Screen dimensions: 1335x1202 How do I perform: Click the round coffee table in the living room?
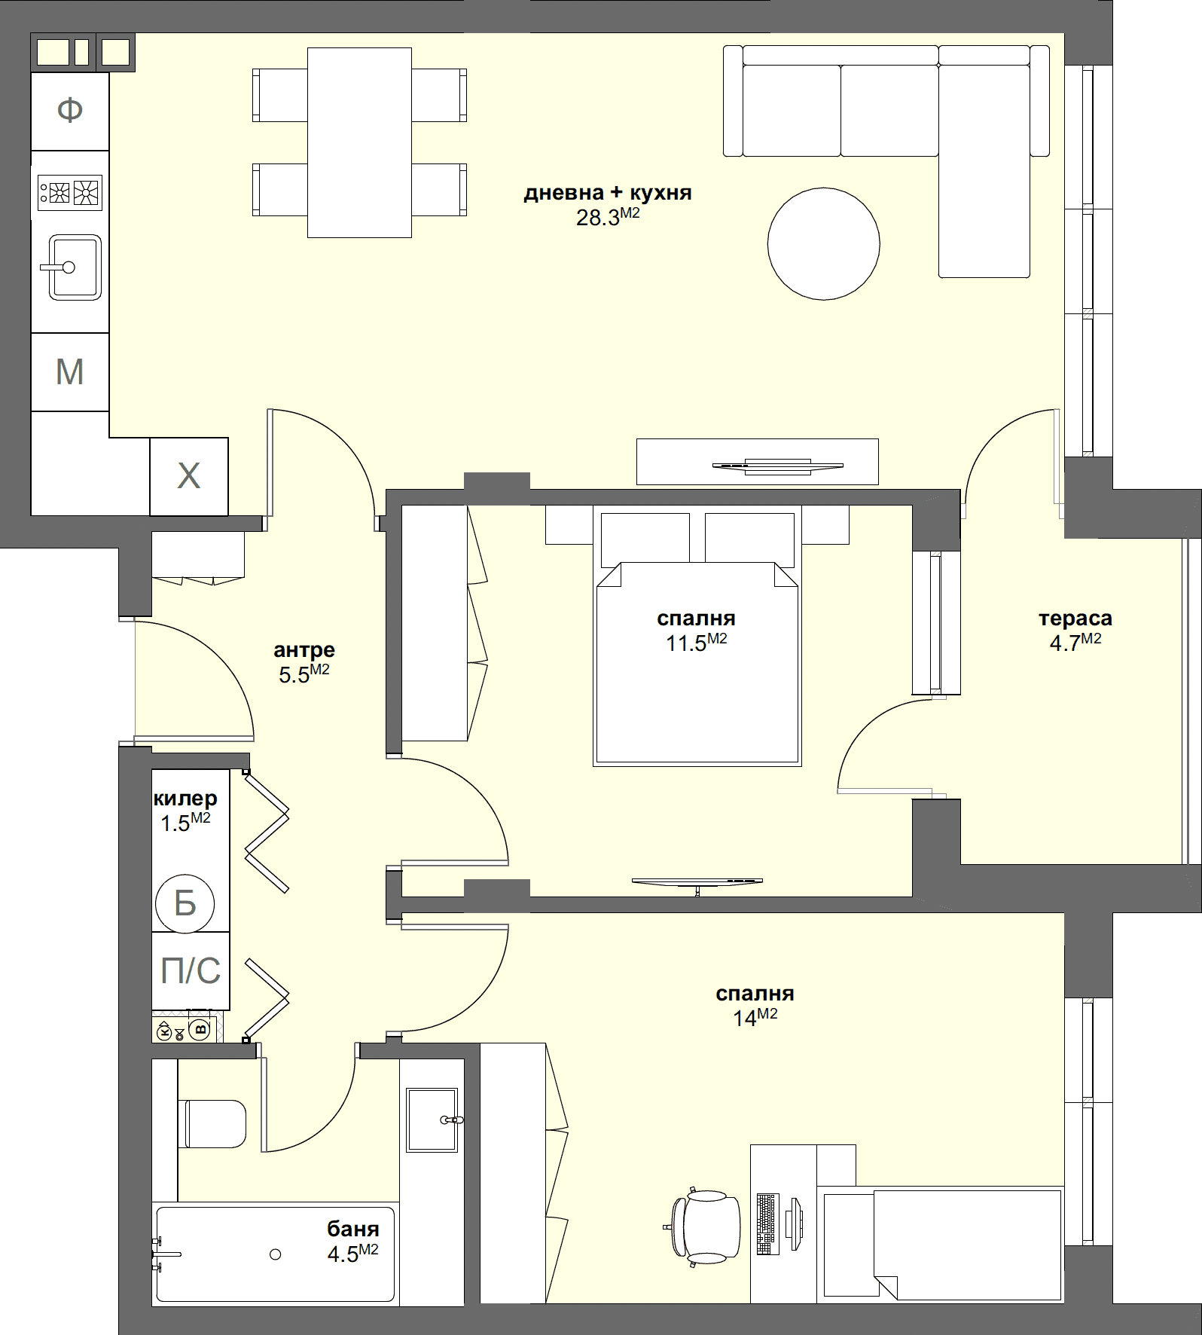tap(823, 243)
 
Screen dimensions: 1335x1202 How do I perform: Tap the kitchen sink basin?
tap(75, 267)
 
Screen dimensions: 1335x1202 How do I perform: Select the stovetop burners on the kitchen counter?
tap(69, 192)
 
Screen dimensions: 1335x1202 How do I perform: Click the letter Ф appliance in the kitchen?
tap(70, 112)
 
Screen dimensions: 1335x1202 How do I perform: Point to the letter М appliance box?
tap(70, 372)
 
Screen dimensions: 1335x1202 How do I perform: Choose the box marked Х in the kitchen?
tap(188, 476)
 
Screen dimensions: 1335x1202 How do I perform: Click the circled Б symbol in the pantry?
tap(185, 903)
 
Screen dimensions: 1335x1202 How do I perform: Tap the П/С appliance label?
tap(191, 971)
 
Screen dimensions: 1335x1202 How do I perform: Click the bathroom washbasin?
tap(432, 1120)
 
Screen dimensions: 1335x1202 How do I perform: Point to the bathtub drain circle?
tap(276, 1254)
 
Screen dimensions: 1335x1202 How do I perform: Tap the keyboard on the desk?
tap(766, 1223)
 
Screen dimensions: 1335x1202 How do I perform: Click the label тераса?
tap(1075, 619)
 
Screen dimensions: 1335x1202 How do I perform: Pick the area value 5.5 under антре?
tap(294, 675)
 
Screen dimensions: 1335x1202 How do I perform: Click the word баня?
tap(352, 1230)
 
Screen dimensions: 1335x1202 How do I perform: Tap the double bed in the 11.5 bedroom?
tap(697, 663)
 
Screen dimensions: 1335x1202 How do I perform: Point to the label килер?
tap(185, 799)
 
